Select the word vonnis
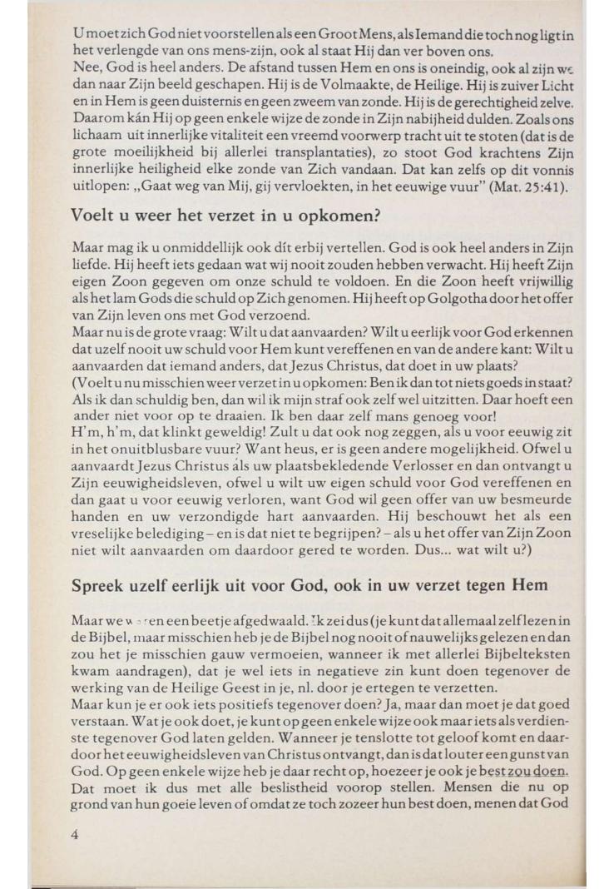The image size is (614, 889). pos(546,169)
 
